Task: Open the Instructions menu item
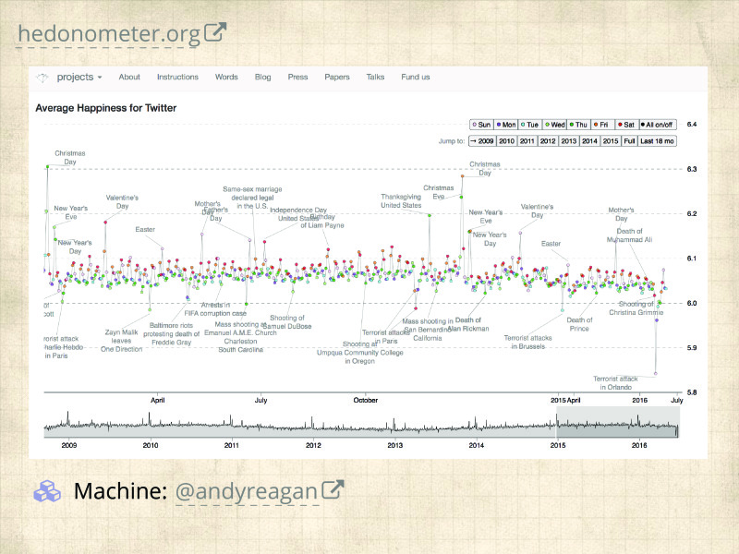(x=177, y=78)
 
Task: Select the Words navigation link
(x=226, y=78)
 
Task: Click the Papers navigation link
(x=337, y=78)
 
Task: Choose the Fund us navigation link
(x=415, y=78)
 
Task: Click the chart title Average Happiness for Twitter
(x=105, y=108)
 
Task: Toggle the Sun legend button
(x=481, y=124)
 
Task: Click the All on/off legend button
(x=658, y=124)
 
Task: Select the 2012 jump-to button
(x=548, y=141)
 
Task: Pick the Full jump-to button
(x=629, y=141)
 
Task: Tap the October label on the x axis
(x=365, y=401)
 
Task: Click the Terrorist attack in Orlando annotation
(x=615, y=383)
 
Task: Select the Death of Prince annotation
(x=578, y=324)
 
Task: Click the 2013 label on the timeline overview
(x=394, y=445)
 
